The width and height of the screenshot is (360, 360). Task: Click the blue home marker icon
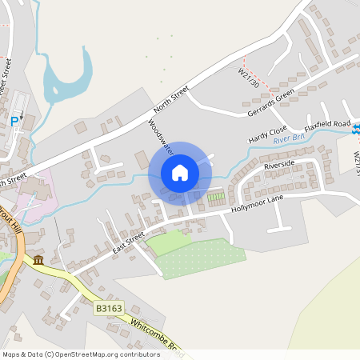click(180, 172)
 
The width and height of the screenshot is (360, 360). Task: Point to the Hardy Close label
click(267, 131)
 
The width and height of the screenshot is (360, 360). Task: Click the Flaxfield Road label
click(328, 126)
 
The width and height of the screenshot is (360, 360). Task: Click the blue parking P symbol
click(14, 121)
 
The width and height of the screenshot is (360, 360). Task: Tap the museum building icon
click(38, 261)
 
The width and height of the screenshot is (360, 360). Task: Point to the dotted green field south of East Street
click(204, 258)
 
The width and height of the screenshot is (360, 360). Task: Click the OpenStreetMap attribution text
click(81, 354)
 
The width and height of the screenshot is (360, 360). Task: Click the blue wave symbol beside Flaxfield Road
click(356, 129)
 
